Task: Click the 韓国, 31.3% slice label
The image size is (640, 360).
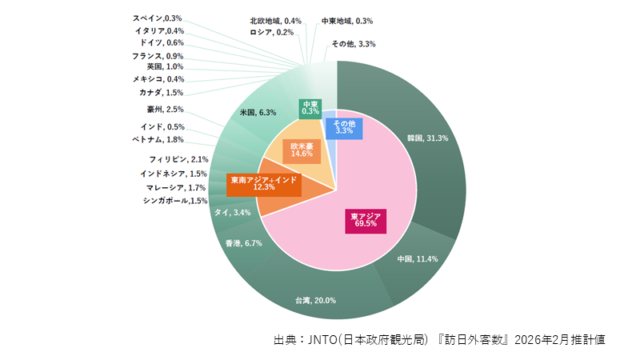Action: [x=427, y=138]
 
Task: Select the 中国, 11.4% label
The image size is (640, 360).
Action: [x=418, y=259]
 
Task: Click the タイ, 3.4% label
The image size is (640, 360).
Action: [x=233, y=213]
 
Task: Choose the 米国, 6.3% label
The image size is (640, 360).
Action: [x=258, y=113]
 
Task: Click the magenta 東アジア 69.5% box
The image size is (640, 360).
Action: [x=366, y=221]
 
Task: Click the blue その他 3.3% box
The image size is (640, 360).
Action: [x=345, y=127]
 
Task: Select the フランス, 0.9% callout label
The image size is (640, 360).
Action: [x=158, y=56]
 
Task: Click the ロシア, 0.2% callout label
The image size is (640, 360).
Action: [x=271, y=33]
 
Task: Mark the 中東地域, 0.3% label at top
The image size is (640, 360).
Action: [x=347, y=20]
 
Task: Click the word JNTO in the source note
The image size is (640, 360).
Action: [x=322, y=339]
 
